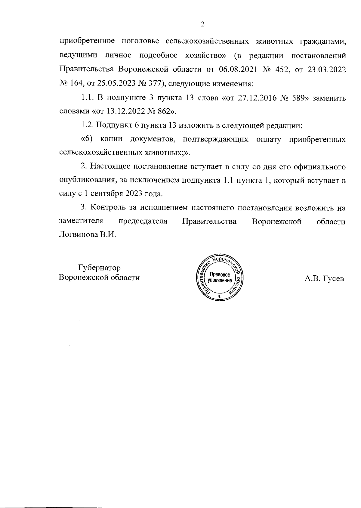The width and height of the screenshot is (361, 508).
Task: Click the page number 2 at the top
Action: pos(202,24)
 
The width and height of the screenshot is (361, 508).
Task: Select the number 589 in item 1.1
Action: pos(297,98)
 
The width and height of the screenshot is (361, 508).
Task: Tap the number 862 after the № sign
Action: pos(164,112)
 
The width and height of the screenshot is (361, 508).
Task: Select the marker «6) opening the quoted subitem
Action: pos(88,139)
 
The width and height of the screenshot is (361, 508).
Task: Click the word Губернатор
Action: pos(99,268)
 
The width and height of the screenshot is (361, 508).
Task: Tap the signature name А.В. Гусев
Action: pos(324,279)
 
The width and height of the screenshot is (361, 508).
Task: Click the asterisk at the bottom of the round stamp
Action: pos(219,297)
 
